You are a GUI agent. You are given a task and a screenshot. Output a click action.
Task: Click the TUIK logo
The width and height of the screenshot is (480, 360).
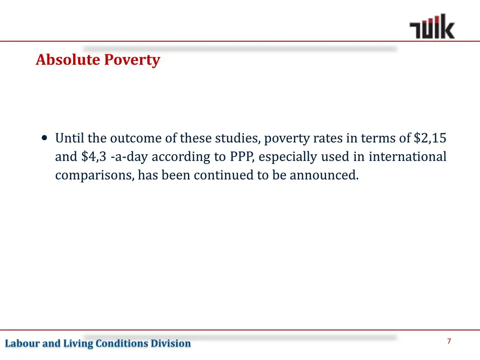click(x=432, y=27)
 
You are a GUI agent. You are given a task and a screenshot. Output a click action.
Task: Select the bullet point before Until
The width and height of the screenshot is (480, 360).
click(x=45, y=138)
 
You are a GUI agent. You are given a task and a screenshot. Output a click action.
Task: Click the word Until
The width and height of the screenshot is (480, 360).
click(x=69, y=138)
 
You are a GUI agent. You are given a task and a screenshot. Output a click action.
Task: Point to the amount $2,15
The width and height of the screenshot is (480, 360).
click(x=430, y=138)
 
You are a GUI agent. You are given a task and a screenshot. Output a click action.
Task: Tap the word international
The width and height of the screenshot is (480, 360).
click(x=407, y=157)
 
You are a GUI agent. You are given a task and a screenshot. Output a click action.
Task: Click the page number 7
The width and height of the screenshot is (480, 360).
click(x=449, y=341)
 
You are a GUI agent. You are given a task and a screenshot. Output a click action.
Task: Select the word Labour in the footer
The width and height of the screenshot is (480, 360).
click(x=22, y=344)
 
